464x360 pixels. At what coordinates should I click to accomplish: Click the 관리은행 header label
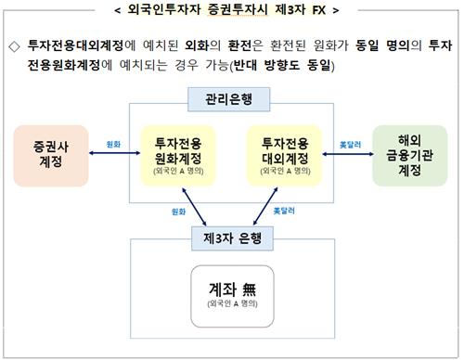coord(230,97)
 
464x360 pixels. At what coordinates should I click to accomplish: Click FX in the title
coord(317,11)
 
